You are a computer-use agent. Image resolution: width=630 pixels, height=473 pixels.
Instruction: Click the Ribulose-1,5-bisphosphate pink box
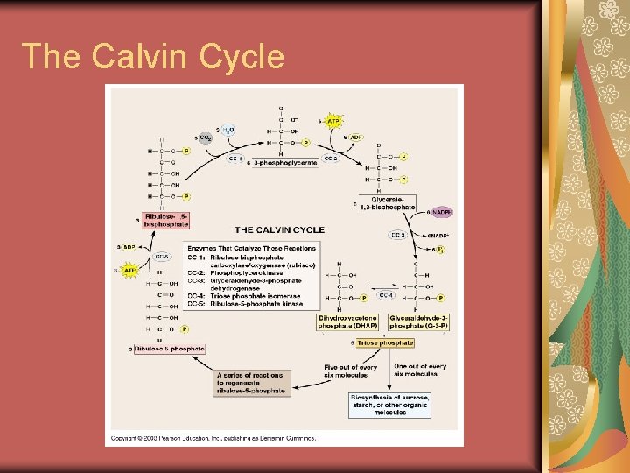pyautogui.click(x=165, y=219)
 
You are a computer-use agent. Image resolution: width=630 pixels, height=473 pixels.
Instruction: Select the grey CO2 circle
pyautogui.click(x=205, y=138)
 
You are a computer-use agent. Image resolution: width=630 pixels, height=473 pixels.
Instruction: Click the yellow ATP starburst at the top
pyautogui.click(x=333, y=120)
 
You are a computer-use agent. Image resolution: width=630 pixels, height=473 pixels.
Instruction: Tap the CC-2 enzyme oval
pyautogui.click(x=331, y=159)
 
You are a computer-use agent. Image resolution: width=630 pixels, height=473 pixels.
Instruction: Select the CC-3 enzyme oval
pyautogui.click(x=397, y=235)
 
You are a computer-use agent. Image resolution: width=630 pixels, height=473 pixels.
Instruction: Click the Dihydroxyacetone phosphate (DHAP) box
pyautogui.click(x=348, y=322)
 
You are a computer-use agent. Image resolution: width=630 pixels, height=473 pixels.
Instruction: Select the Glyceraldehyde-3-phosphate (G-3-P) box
pyautogui.click(x=417, y=322)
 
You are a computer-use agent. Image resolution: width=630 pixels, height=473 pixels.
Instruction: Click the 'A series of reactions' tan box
pyautogui.click(x=251, y=382)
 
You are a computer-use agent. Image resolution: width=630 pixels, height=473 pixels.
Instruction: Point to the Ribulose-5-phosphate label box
pyautogui.click(x=170, y=349)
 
